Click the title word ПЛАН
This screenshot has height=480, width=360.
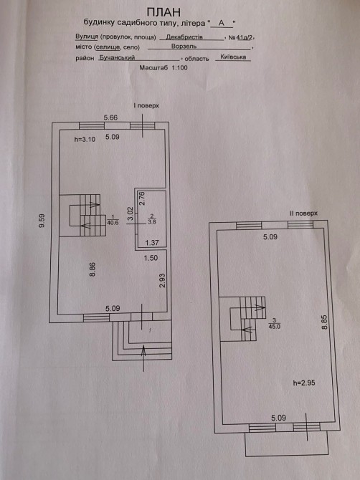tap(164, 13)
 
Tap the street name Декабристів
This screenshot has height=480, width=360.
tap(184, 37)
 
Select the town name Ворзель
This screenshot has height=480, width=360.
tap(184, 47)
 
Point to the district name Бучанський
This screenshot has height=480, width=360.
tap(117, 57)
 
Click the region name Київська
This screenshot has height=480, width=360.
tap(233, 57)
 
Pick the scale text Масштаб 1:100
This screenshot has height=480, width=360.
tap(164, 67)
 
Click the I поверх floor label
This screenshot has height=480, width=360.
tap(146, 105)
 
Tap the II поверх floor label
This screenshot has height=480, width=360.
tap(303, 213)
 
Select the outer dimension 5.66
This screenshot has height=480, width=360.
tap(110, 117)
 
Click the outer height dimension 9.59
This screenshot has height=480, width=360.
tap(42, 221)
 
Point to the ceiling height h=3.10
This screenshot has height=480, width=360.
tap(85, 139)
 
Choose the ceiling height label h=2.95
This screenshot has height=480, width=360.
tap(304, 383)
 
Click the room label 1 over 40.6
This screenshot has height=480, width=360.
tap(113, 221)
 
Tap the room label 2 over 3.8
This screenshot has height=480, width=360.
tap(151, 219)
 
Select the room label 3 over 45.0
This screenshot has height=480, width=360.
tap(274, 324)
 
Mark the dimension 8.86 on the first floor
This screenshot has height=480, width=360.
tap(93, 269)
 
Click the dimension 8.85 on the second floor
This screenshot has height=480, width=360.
tap(324, 322)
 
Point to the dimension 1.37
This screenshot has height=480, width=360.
tap(152, 243)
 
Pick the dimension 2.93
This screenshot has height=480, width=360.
tap(162, 280)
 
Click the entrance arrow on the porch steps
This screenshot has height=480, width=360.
tap(143, 357)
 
